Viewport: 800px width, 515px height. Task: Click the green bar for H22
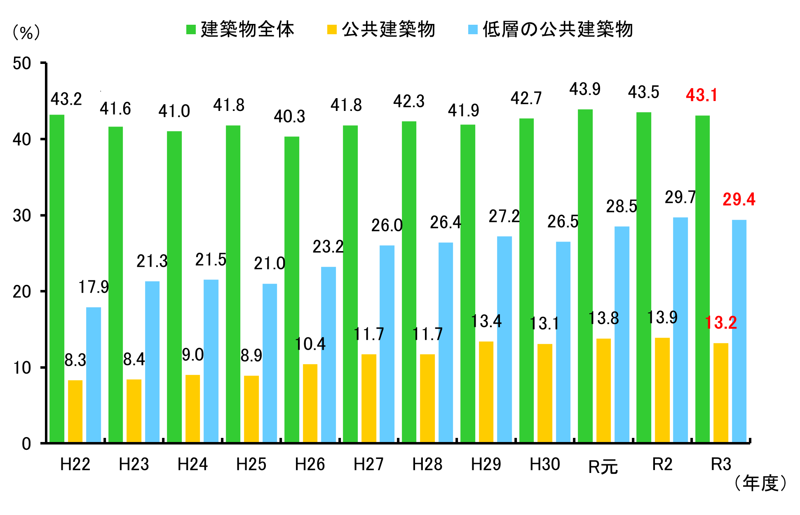coord(57,278)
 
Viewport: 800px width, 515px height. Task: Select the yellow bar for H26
coord(310,403)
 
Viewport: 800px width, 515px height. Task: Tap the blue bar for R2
coord(680,329)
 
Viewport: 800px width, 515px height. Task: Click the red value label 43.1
coord(701,96)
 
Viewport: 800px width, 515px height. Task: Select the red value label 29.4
coord(739,200)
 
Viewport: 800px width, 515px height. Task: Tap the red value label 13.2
coord(721,322)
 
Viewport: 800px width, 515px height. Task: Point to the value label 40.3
coord(289,117)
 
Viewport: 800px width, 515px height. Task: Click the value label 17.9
coord(94,287)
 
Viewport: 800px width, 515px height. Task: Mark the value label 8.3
coord(75,360)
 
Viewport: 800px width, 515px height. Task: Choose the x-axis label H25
coord(251,465)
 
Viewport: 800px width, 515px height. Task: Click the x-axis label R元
coord(603,467)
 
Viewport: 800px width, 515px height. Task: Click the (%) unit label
coord(26,32)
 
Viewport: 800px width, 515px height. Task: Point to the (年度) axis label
coord(760,483)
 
